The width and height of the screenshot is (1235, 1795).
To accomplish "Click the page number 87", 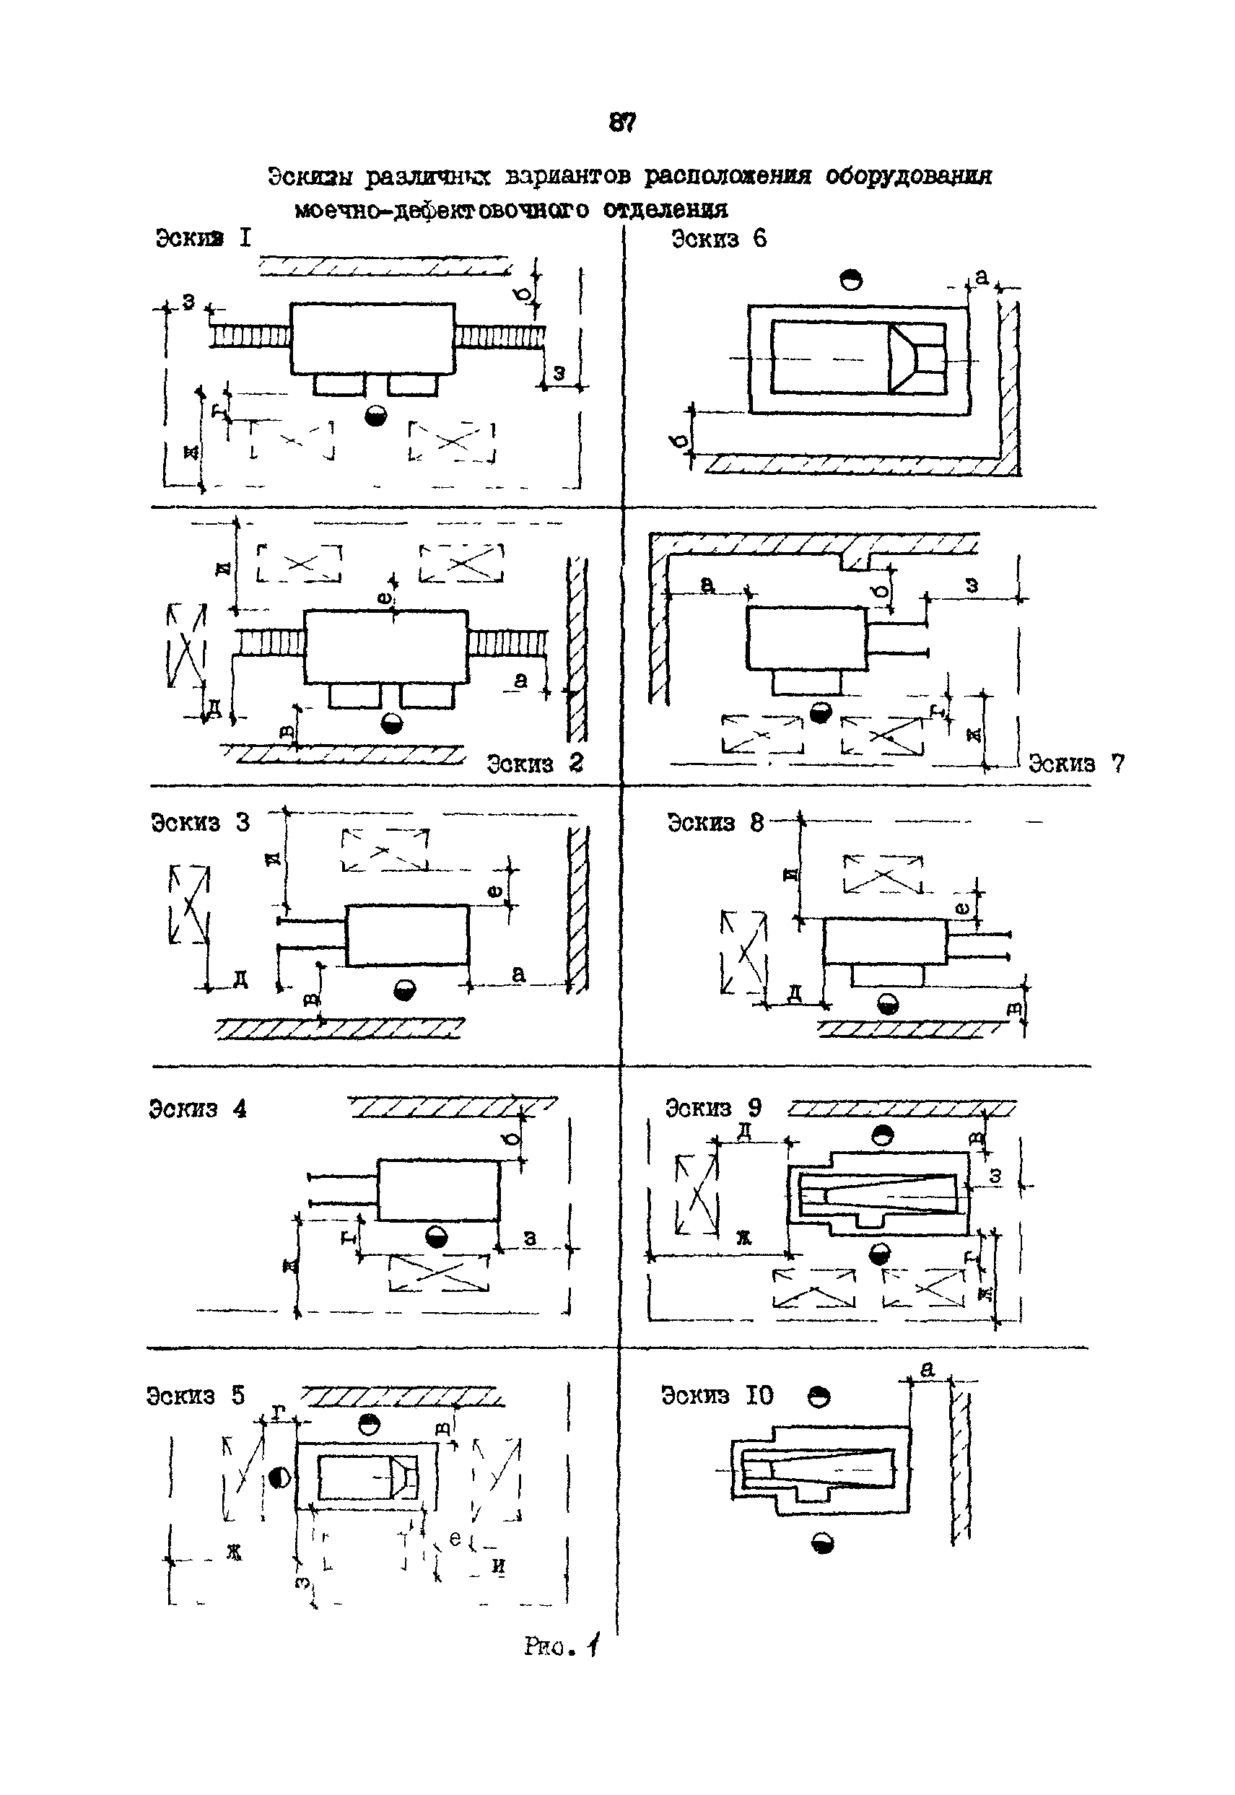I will point(622,122).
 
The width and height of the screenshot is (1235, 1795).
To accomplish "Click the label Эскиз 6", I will point(719,239).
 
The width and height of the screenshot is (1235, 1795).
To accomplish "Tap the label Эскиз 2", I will point(535,764).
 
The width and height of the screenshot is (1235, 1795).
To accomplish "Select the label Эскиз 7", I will point(1076,764).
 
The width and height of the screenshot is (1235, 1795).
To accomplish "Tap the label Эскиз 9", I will point(713,1108).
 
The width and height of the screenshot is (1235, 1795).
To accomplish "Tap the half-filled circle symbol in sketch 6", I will point(851,279).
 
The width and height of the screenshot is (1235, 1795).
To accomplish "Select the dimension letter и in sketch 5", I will point(499,1565).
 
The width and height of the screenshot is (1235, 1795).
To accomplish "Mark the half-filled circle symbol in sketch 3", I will point(405,990).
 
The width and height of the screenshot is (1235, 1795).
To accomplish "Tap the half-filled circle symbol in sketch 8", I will point(889,1004).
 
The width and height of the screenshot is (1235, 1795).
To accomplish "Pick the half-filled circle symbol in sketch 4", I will point(437,1237).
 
